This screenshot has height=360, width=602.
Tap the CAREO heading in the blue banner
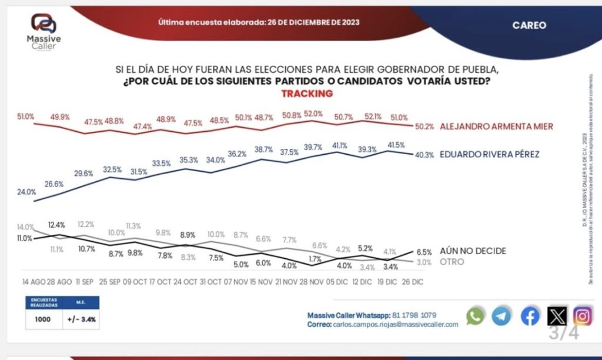(529, 25)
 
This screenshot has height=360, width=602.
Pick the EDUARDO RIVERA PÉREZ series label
(489, 155)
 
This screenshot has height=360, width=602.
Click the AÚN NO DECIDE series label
(473, 251)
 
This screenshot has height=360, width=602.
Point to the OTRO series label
(451, 262)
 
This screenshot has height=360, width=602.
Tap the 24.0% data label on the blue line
(27, 192)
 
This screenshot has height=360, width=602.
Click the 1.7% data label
(315, 258)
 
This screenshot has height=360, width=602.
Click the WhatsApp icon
(475, 316)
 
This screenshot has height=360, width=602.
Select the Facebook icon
(530, 316)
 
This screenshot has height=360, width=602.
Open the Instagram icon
(583, 316)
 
